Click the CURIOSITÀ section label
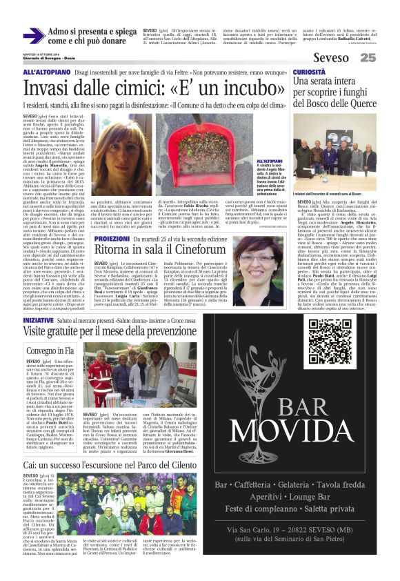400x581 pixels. click(x=310, y=72)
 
